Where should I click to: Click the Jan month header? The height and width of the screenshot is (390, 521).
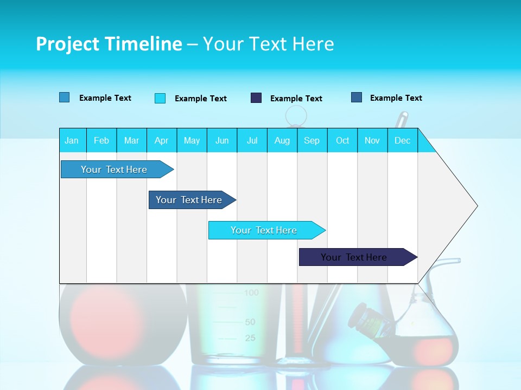[72, 140]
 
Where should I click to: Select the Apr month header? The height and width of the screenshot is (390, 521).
[161, 140]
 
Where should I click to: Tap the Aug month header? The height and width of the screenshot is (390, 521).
[282, 140]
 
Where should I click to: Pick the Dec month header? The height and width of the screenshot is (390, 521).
[402, 140]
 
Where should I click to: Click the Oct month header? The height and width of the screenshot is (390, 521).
[342, 140]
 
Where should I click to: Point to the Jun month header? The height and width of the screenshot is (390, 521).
[222, 140]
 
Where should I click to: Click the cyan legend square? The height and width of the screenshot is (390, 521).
[160, 98]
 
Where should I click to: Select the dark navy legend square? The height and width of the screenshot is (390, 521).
[256, 98]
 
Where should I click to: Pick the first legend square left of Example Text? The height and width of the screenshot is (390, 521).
[65, 97]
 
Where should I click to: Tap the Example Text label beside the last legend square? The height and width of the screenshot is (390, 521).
[396, 98]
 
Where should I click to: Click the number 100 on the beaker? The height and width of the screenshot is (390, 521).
[251, 293]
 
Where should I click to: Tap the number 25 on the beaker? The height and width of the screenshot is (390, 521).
[250, 339]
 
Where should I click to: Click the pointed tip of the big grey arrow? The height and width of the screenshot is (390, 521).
[476, 206]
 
